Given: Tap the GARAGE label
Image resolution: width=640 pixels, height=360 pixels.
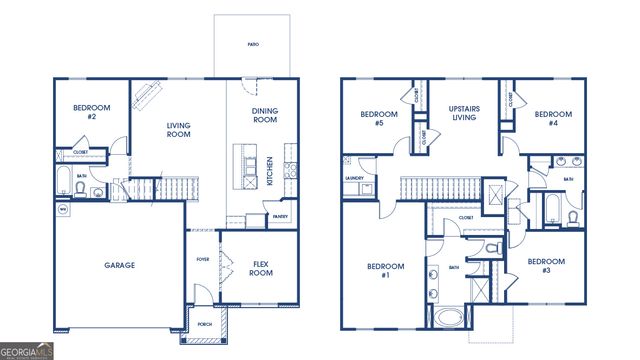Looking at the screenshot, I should [119, 265].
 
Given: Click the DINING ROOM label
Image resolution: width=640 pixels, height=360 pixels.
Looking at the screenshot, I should [264, 115].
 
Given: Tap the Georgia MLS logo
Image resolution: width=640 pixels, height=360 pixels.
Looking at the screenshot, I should [28, 351].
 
